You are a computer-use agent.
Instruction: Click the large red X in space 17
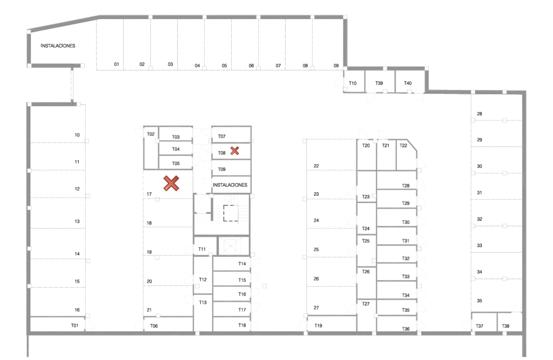(x=171, y=183)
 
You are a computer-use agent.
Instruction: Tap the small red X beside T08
(x=234, y=151)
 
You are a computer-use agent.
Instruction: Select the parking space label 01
(x=117, y=64)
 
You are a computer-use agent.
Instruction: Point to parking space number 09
(x=336, y=66)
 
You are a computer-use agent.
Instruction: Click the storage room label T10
(x=352, y=83)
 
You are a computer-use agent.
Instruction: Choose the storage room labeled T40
(x=408, y=83)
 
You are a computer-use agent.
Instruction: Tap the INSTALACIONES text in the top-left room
(x=58, y=46)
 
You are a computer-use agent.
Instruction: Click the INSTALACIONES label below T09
(x=230, y=185)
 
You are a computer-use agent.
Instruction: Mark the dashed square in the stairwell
(x=231, y=213)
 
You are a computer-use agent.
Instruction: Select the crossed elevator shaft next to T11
(x=234, y=246)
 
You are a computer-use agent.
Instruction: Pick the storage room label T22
(x=403, y=146)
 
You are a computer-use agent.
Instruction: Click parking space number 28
(x=479, y=114)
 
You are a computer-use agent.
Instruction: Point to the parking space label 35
(x=479, y=301)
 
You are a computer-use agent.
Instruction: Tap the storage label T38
(x=505, y=326)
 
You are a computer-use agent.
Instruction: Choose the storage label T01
(x=75, y=325)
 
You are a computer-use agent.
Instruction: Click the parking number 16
(x=77, y=310)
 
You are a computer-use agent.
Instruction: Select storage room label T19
(x=318, y=326)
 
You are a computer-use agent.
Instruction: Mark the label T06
(x=154, y=326)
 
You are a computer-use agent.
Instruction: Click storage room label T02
(x=150, y=134)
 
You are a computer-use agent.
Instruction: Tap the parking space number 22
(x=316, y=166)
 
